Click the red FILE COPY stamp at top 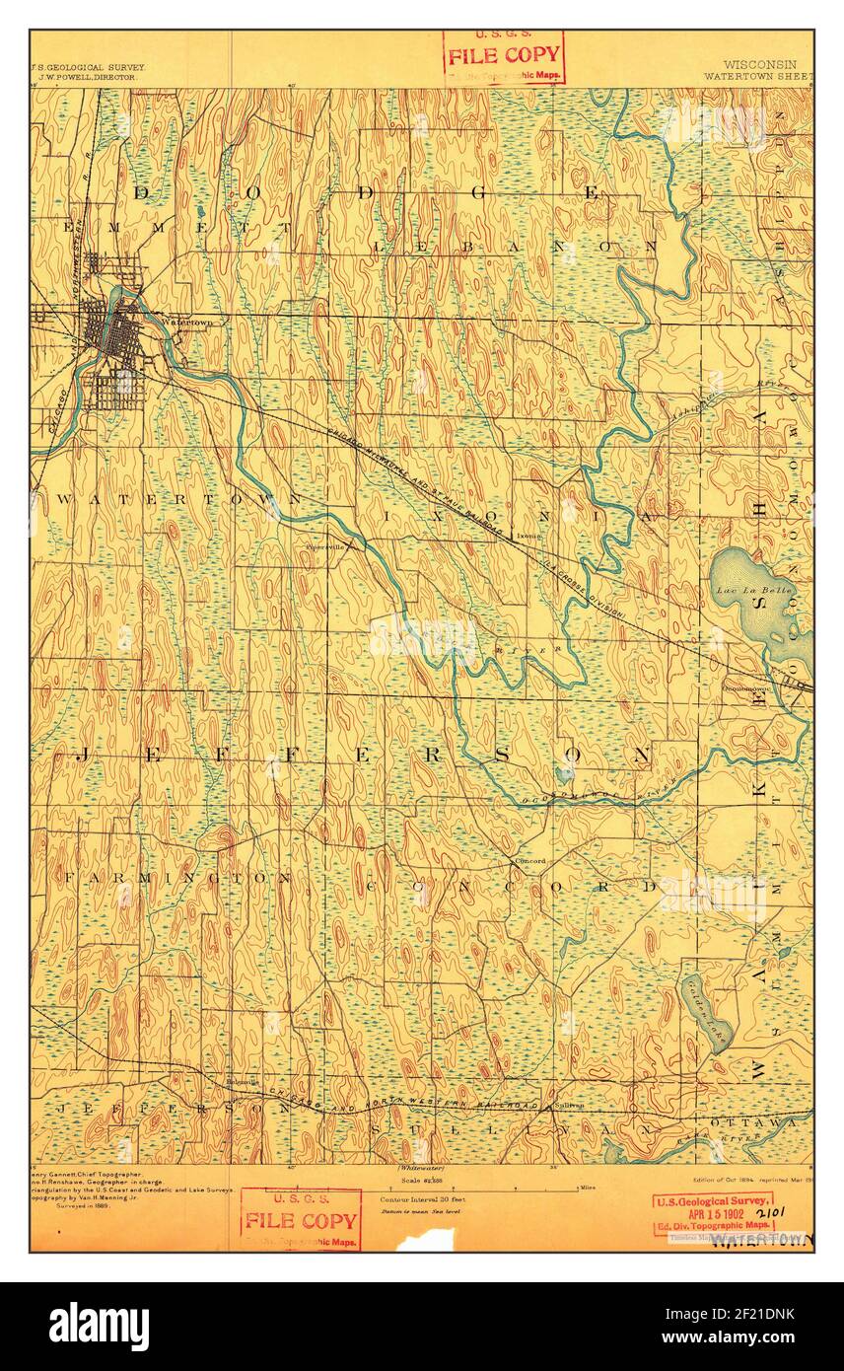(503, 55)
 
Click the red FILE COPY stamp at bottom (301, 1220)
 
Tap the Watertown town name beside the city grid (186, 323)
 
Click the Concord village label (529, 861)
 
